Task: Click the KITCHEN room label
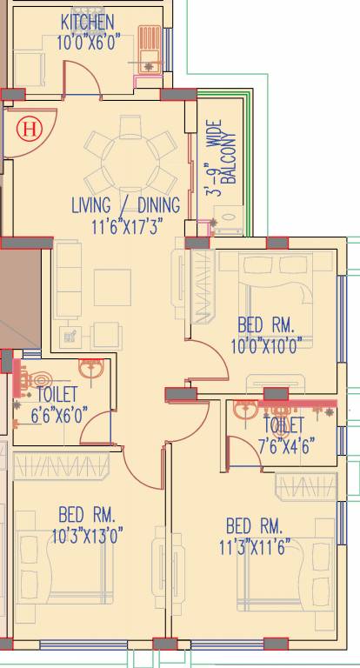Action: (86, 21)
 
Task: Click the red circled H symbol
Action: (30, 130)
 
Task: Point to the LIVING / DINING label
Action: (125, 206)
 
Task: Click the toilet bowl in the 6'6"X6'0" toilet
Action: (38, 381)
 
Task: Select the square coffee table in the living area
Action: (111, 286)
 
